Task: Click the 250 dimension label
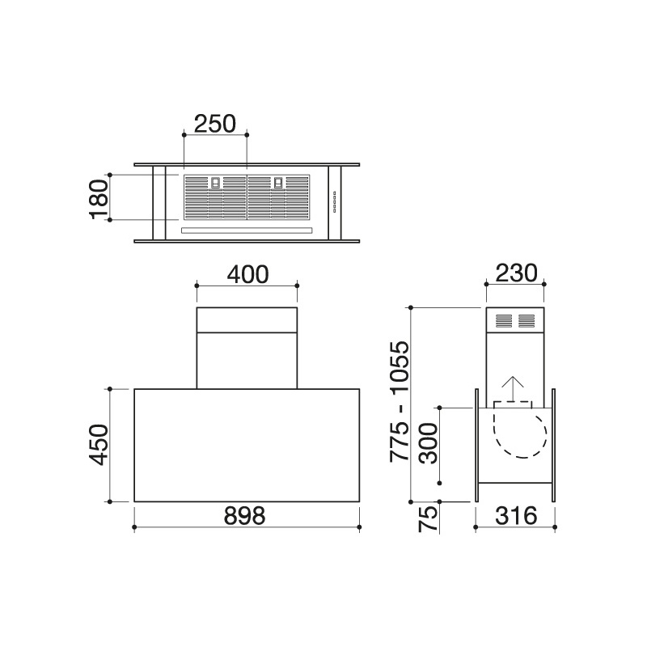pyautogui.click(x=214, y=124)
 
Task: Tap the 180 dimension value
pyautogui.click(x=99, y=199)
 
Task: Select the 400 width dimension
pyautogui.click(x=247, y=274)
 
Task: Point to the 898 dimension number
pyautogui.click(x=244, y=516)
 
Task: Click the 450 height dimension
pyautogui.click(x=99, y=444)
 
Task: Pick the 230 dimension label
pyautogui.click(x=516, y=273)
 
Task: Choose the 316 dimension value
pyautogui.click(x=516, y=516)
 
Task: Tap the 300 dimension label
pyautogui.click(x=428, y=443)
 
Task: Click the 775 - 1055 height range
pyautogui.click(x=400, y=400)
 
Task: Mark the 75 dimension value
pyautogui.click(x=428, y=519)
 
